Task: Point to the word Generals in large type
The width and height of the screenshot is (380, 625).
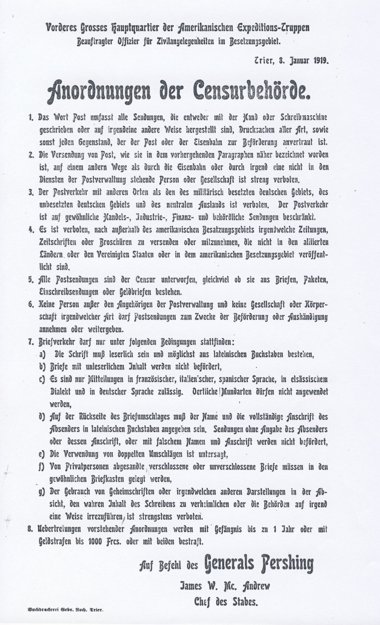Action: point(226,565)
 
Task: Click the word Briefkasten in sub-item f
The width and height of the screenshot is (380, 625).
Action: point(109,479)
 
